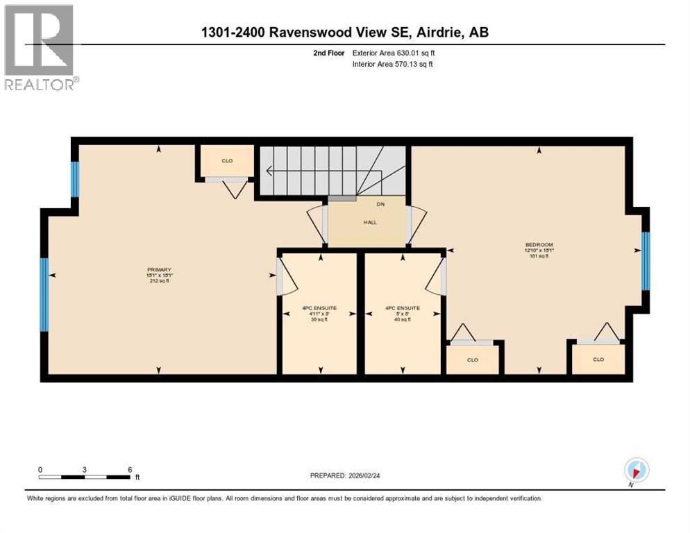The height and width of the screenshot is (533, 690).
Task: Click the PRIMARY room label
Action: [x=159, y=270]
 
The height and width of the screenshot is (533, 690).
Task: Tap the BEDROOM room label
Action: [x=539, y=244]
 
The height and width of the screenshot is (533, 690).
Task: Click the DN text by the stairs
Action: [x=380, y=204]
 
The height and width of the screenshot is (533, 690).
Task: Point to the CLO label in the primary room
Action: [x=226, y=161]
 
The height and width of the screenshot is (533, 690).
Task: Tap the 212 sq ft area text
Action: [x=159, y=281]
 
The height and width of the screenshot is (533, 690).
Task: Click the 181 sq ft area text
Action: [x=539, y=256]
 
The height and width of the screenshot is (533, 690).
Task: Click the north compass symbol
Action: [x=636, y=470]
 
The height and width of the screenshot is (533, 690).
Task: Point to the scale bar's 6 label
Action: [x=130, y=469]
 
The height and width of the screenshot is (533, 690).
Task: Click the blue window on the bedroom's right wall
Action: [x=646, y=260]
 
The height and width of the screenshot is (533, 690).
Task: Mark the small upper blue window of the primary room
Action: [x=75, y=179]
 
